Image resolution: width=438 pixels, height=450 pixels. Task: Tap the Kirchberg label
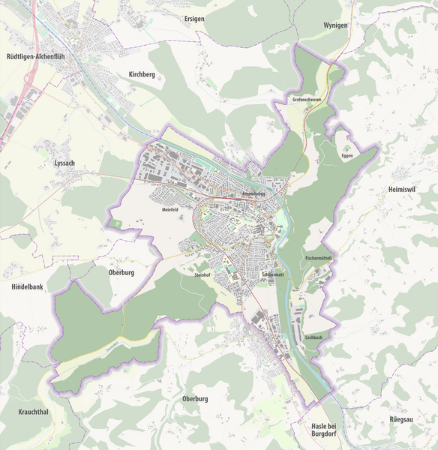click(142, 75)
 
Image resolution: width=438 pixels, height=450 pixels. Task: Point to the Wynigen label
click(335, 25)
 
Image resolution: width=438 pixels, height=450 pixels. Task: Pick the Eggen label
click(346, 156)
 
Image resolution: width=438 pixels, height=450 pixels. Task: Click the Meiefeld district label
click(170, 210)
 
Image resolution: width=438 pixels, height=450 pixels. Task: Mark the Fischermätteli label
click(319, 258)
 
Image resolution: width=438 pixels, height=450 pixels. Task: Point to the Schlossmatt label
click(273, 275)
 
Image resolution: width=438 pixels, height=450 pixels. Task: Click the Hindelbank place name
click(28, 287)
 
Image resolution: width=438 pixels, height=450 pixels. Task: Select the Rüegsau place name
click(405, 419)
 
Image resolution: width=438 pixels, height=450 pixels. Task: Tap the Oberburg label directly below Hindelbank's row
click(121, 272)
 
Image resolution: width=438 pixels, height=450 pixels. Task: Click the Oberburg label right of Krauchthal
click(195, 399)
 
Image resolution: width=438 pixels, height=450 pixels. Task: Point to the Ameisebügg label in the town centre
click(255, 194)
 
